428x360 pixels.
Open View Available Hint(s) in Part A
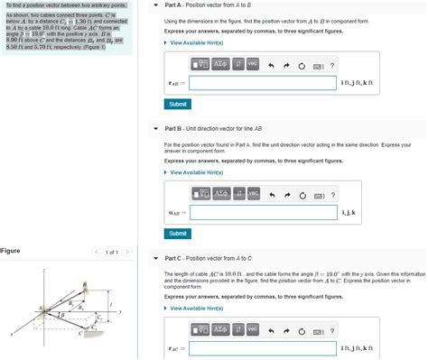coord(198,42)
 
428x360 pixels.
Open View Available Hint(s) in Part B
coord(198,172)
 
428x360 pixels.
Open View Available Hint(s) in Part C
coord(198,308)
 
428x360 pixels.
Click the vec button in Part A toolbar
coord(253,64)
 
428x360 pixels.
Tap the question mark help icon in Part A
coord(331,65)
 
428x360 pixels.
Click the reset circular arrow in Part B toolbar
coord(301,195)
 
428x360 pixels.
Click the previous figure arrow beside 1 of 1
coord(96,252)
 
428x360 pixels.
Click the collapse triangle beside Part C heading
coord(156,259)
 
